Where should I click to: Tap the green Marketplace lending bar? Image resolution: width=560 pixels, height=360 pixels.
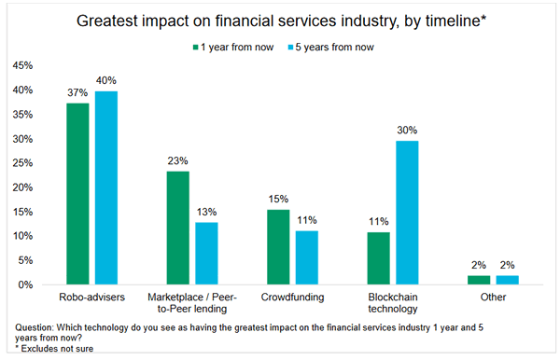click(177, 228)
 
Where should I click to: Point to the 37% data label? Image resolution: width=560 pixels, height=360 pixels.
click(78, 93)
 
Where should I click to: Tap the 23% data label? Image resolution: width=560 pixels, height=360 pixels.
click(177, 161)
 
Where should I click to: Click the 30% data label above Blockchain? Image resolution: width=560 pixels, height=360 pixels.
click(409, 130)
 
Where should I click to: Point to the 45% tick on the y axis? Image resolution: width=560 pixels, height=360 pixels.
click(25, 66)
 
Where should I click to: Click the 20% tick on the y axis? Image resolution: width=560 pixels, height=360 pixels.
click(25, 187)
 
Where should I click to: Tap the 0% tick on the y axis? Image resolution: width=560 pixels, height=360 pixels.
click(28, 284)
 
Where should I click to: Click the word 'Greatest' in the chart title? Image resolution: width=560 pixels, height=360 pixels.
click(138, 19)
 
